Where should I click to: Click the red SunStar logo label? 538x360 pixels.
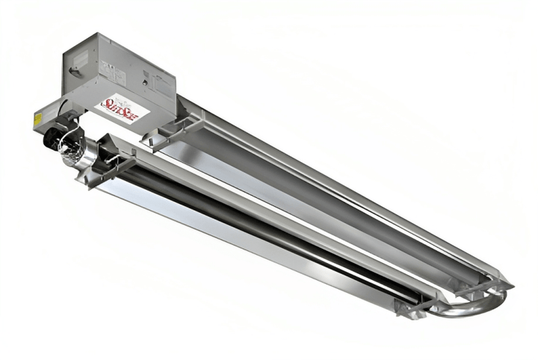122,107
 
